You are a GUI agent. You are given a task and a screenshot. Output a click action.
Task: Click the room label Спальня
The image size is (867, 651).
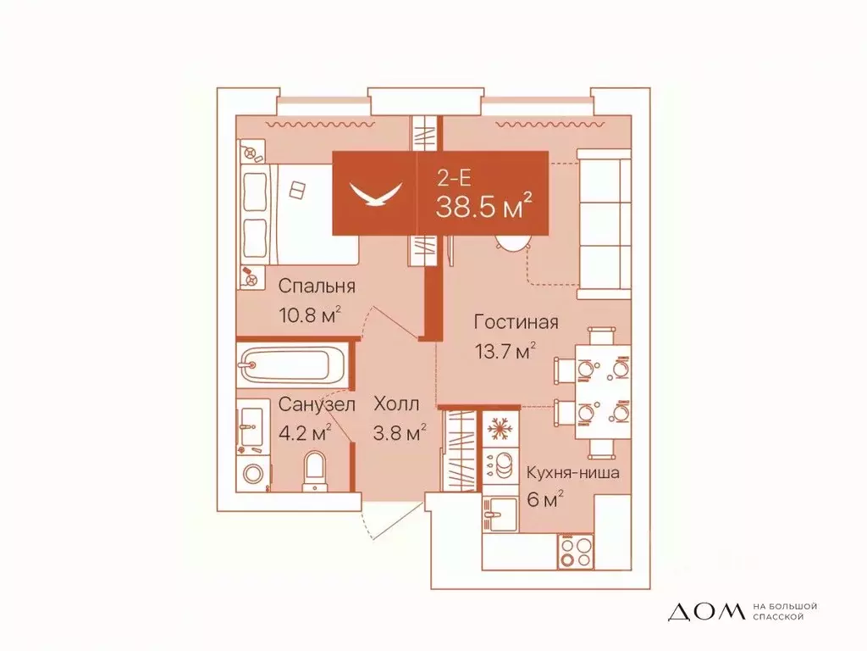[x=315, y=286]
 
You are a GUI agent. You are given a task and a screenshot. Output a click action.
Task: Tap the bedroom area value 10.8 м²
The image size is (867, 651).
[x=310, y=316]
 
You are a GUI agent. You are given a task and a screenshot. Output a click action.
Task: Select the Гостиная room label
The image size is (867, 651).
[x=516, y=322]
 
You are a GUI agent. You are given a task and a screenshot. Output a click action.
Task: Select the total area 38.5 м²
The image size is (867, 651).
[x=483, y=205]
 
